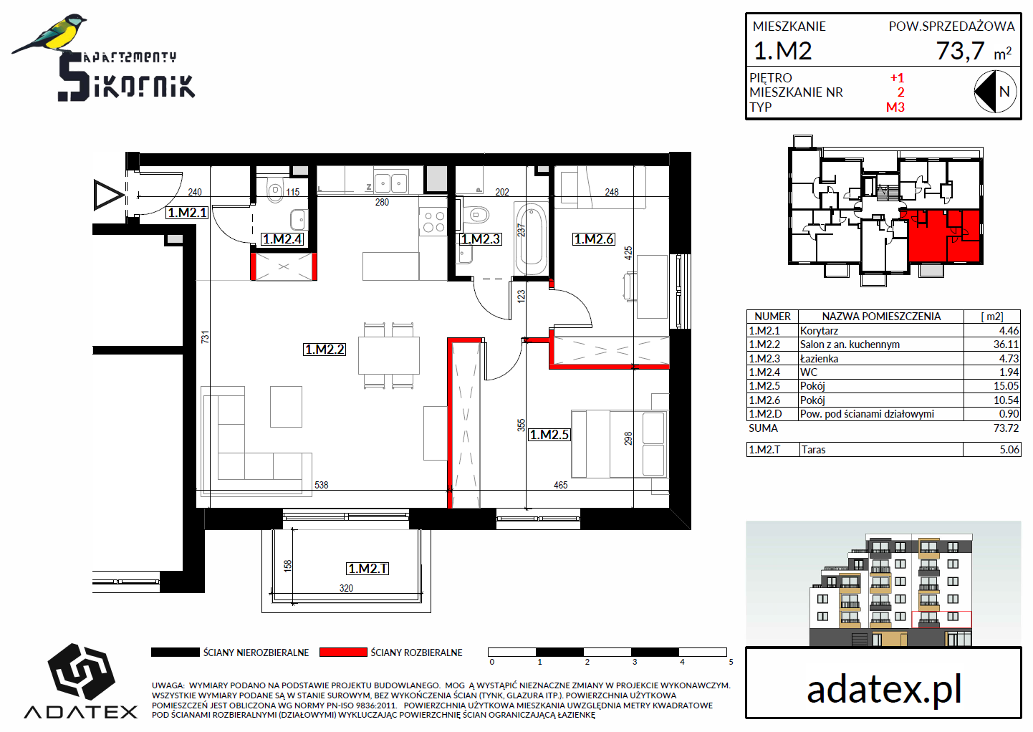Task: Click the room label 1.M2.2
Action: pyautogui.click(x=325, y=350)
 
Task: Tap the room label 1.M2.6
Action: pyautogui.click(x=594, y=239)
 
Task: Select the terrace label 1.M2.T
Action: pyautogui.click(x=367, y=569)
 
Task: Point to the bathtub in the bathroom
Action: pyautogui.click(x=532, y=239)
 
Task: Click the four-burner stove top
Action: pyautogui.click(x=433, y=222)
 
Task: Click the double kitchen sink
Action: pyautogui.click(x=390, y=183)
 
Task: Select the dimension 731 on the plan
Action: pyautogui.click(x=205, y=337)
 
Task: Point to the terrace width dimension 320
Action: pyautogui.click(x=346, y=588)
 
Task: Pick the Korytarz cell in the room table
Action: pyautogui.click(x=819, y=330)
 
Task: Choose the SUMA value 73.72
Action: pyautogui.click(x=1006, y=428)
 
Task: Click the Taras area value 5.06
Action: pyautogui.click(x=1009, y=449)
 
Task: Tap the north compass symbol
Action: pyautogui.click(x=995, y=92)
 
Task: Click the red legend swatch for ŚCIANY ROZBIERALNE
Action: pyautogui.click(x=343, y=652)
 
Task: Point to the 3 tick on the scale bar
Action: pyautogui.click(x=635, y=662)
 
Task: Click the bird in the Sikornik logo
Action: pyautogui.click(x=50, y=34)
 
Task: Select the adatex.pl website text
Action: pyautogui.click(x=883, y=690)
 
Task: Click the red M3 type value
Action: pyautogui.click(x=895, y=107)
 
